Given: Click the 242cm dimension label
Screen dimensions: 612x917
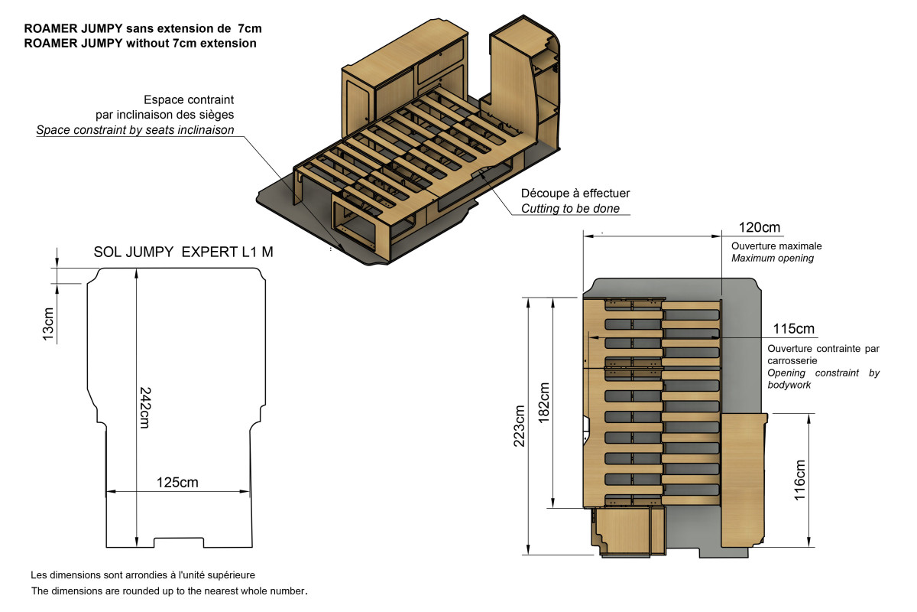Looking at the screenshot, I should click(x=144, y=406).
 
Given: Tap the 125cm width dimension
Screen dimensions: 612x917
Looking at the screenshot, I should click(x=177, y=483).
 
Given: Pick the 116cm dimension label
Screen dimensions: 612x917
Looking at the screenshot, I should click(x=800, y=479).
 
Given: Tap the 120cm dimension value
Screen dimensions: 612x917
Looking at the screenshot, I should click(x=760, y=227).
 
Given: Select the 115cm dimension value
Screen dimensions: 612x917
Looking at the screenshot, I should click(x=794, y=329).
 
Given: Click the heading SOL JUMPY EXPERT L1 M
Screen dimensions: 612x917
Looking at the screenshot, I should click(x=183, y=251).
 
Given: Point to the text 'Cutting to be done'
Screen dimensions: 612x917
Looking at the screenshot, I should click(x=570, y=208).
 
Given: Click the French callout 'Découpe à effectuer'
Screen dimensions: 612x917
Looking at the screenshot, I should click(x=575, y=194).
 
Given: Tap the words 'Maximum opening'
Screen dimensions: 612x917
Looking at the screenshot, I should click(x=773, y=259).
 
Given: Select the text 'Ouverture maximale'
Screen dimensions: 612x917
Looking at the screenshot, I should click(x=776, y=246).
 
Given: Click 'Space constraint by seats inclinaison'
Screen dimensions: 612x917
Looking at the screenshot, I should click(x=135, y=130).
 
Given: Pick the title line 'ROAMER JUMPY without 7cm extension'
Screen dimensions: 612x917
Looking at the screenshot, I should click(x=140, y=43).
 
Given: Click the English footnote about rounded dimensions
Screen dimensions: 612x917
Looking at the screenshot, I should click(x=169, y=591).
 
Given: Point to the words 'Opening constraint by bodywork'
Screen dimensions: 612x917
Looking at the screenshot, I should click(x=823, y=379).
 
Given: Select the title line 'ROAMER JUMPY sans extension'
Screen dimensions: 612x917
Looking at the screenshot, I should click(x=143, y=28).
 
